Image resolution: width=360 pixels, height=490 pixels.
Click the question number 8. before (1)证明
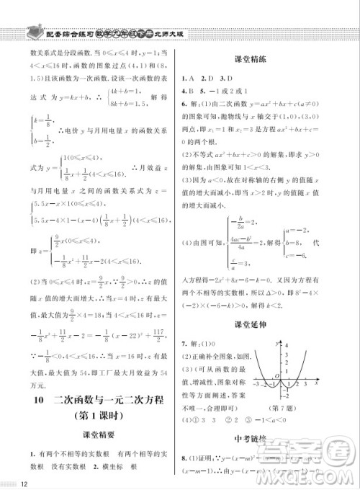(185, 457)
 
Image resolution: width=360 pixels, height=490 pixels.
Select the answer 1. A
(188, 77)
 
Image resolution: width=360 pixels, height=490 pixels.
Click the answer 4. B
(188, 92)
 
